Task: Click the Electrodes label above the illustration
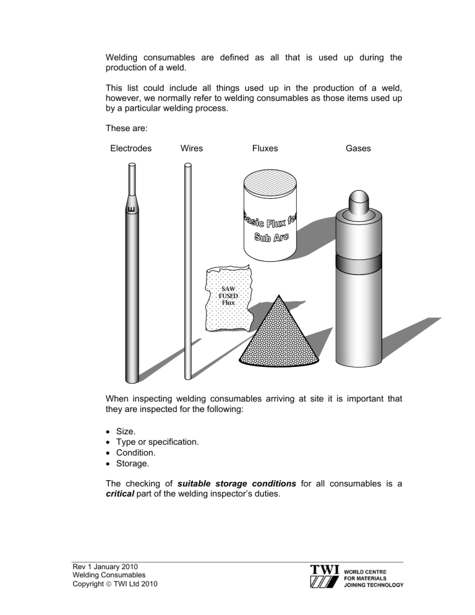(x=131, y=148)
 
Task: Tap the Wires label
(x=191, y=148)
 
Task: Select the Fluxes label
(x=265, y=148)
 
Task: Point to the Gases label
(x=359, y=148)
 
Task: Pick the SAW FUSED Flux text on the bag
(x=229, y=296)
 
